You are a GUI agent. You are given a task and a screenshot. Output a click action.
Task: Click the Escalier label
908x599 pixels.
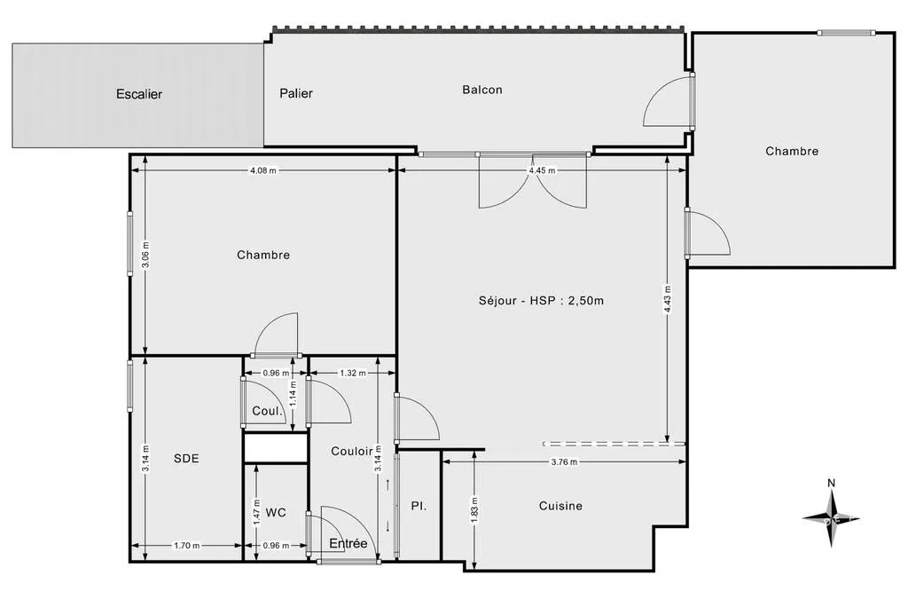[139, 94]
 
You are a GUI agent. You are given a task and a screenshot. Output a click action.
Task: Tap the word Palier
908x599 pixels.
[296, 93]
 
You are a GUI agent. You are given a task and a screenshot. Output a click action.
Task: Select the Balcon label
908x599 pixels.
[482, 90]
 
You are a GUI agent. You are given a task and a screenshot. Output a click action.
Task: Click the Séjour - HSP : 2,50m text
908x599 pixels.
[541, 300]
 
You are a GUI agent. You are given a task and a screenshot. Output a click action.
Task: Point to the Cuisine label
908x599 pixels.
[560, 506]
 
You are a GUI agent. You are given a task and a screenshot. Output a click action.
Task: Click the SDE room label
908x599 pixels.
[186, 458]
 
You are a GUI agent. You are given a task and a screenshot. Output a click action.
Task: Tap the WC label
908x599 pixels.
[276, 513]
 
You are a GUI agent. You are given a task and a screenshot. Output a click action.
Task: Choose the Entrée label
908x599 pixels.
[348, 543]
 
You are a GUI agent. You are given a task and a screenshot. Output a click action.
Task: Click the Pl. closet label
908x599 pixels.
[419, 506]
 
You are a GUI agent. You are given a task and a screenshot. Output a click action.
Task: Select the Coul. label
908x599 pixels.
[268, 411]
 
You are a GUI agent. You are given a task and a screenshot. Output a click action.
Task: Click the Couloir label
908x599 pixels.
[352, 451]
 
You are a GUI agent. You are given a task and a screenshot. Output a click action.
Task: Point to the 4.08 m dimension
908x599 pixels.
[262, 170]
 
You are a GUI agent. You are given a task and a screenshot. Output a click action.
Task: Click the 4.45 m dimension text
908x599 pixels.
[542, 170]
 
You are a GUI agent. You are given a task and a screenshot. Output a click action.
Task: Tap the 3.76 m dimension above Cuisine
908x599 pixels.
[564, 461]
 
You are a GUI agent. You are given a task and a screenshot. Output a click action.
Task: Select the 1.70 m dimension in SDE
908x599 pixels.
[187, 545]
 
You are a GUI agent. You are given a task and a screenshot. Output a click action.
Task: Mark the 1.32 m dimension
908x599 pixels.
[353, 373]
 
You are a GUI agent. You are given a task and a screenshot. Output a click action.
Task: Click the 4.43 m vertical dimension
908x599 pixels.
[668, 300]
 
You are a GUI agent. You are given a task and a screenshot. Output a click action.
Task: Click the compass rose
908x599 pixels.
[831, 518]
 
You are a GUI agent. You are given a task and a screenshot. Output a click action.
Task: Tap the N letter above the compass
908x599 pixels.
[831, 483]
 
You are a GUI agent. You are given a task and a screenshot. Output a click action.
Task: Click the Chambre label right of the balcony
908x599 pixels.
[792, 151]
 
